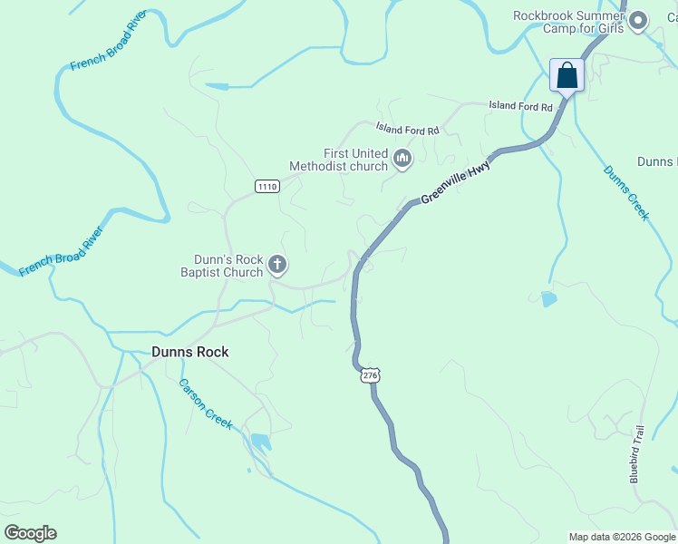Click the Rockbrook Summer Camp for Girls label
[569, 21]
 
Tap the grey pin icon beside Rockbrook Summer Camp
[638, 21]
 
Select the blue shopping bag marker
[567, 76]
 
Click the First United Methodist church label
[338, 160]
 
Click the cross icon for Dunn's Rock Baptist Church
[277, 266]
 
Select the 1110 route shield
[266, 187]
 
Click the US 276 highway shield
[369, 374]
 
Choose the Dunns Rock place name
[190, 352]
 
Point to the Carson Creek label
[206, 404]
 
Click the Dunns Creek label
[626, 192]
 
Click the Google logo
[30, 533]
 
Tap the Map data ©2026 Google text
[622, 537]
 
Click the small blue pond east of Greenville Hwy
[547, 298]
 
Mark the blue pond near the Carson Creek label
[260, 442]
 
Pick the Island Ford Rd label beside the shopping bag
[520, 107]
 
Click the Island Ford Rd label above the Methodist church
[408, 130]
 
